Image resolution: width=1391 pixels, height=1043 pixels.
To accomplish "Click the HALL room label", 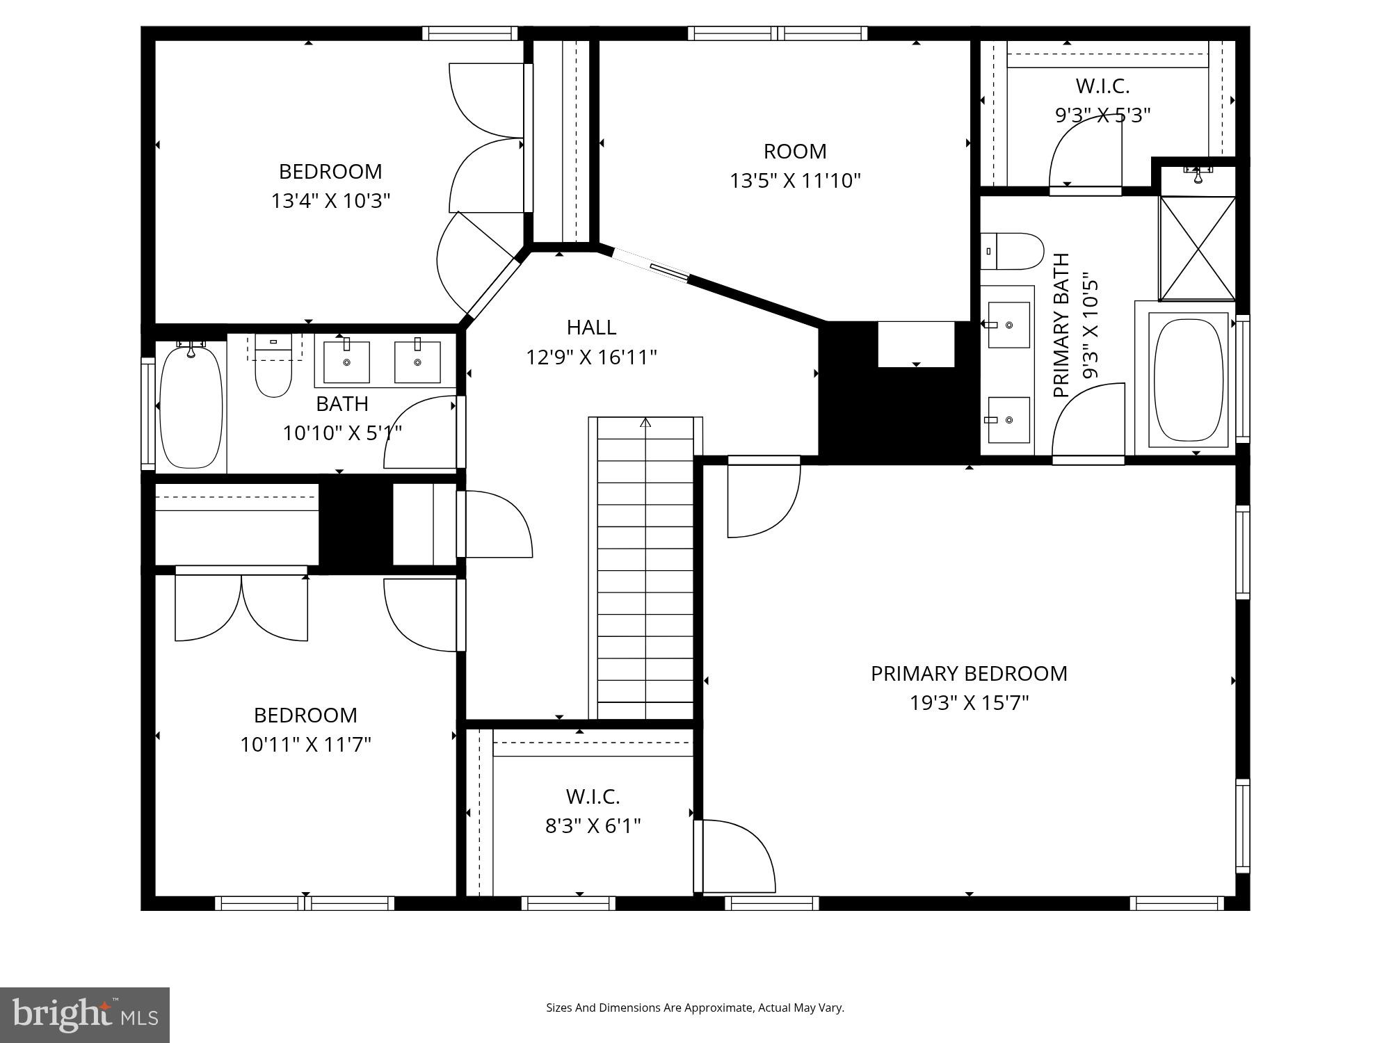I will (x=591, y=328).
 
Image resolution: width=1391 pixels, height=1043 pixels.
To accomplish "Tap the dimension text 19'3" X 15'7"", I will (x=969, y=703).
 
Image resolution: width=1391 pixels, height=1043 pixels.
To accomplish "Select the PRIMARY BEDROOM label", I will (x=969, y=673).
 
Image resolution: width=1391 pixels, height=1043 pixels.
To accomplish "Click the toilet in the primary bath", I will (x=1013, y=251).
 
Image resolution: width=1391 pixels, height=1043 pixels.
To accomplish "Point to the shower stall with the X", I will (x=1197, y=248).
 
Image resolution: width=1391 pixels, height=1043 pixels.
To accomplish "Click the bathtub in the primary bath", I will (x=1189, y=380).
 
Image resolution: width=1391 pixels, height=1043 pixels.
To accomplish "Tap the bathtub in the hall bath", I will (x=191, y=406).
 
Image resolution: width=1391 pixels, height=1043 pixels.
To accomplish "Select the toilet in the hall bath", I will (x=273, y=369).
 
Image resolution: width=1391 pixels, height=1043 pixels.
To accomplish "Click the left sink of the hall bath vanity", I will (x=346, y=362).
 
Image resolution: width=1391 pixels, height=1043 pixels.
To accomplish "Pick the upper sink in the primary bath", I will (x=1008, y=325).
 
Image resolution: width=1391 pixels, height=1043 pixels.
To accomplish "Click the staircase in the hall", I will (x=645, y=567).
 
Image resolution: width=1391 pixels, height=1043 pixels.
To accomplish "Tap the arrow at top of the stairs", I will (x=645, y=422).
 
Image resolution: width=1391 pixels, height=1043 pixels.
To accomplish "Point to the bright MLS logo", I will (x=84, y=1014).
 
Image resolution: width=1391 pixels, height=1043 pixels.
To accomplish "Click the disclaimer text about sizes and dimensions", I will (x=695, y=1008).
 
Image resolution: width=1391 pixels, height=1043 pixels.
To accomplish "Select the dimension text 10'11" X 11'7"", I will (x=305, y=745).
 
